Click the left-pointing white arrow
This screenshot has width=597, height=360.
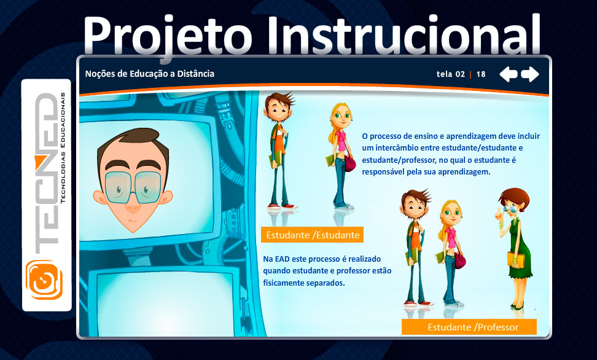[x=509, y=74]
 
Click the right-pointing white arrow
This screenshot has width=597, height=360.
[x=530, y=74]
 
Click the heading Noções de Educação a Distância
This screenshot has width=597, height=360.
[x=150, y=74]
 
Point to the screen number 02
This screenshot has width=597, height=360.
[x=460, y=74]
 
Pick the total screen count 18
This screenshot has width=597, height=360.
[x=481, y=74]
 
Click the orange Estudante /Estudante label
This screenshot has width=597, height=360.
[x=312, y=235]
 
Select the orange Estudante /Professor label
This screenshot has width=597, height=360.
[x=469, y=327]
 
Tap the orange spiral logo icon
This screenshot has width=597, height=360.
[x=44, y=280]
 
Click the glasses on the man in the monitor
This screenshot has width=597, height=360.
[x=133, y=187]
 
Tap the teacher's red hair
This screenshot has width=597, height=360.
[x=515, y=198]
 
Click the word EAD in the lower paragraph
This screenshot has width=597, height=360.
[x=282, y=259]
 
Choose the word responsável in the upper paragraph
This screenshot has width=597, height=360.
[x=383, y=172]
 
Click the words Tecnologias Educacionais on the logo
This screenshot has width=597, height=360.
[x=63, y=147]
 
